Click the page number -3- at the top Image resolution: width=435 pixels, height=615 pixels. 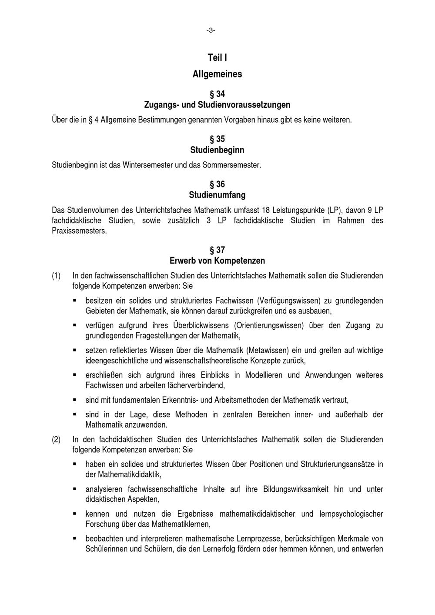point(211,30)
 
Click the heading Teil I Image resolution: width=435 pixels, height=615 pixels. point(217,57)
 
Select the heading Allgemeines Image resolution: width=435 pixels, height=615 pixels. point(217,74)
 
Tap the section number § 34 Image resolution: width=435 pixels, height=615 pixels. point(217,94)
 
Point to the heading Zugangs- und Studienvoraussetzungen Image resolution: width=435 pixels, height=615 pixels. point(217,105)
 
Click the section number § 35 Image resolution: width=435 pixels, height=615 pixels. point(217,139)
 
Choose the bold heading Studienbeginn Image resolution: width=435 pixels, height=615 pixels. point(217,150)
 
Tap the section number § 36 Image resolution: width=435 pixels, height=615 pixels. point(217,184)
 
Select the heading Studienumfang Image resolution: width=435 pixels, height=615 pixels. point(217,195)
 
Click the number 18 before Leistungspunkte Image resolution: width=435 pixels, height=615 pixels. point(260,210)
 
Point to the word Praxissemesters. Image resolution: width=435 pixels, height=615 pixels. point(79,231)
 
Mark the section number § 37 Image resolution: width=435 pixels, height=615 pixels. point(217,250)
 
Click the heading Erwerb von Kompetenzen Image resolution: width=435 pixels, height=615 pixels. point(217,261)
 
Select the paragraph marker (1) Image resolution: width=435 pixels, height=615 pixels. point(56,276)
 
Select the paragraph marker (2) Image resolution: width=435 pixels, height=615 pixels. point(56,439)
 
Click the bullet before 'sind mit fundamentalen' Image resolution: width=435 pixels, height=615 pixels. point(75,399)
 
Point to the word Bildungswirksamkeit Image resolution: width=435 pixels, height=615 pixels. point(297,489)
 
